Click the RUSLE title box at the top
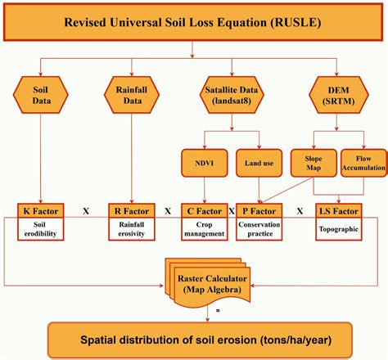tap(193, 22)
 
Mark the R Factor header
tap(132, 211)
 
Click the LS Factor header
tap(338, 211)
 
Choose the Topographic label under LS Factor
tap(338, 230)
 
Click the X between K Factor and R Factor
tap(85, 211)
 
